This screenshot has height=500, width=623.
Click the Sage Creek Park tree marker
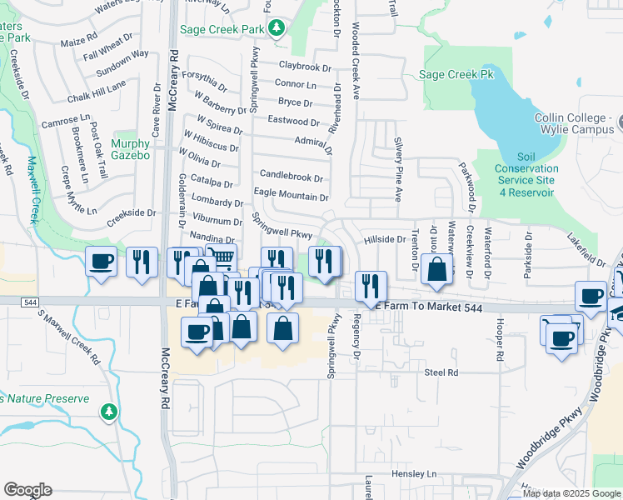(277, 30)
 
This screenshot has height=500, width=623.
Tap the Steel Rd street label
(441, 372)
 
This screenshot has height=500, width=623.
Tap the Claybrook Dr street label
(306, 64)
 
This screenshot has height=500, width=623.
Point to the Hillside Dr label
(384, 239)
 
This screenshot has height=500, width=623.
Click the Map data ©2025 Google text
(571, 493)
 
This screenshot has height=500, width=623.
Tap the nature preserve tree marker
(108, 411)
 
